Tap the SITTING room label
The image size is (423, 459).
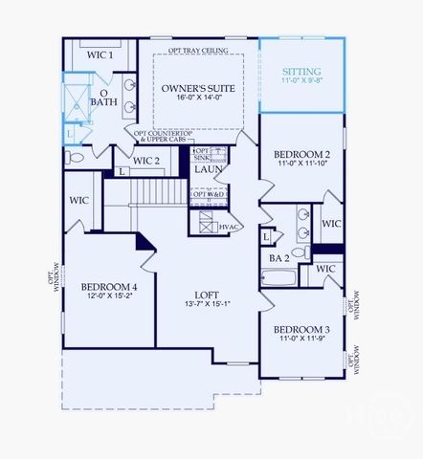301,72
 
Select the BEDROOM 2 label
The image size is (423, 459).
301,154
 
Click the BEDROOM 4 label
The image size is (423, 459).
109,287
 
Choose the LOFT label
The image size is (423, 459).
208,295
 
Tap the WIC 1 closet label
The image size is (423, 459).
100,55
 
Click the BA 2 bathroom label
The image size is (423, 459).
279,257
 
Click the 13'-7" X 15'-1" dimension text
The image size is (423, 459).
208,305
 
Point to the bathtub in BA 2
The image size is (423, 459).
279,278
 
